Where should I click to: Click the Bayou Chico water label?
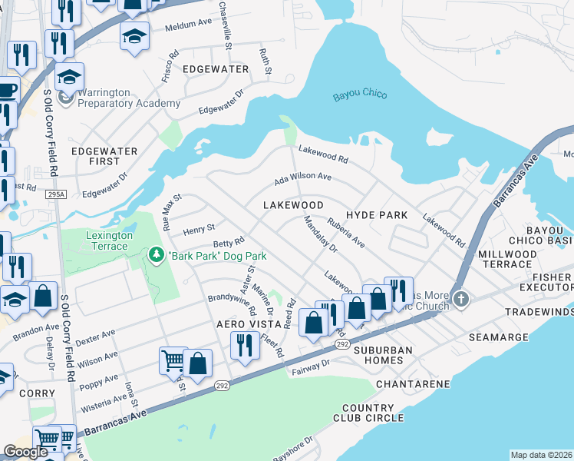(359, 96)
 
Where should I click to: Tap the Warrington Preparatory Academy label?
(129, 98)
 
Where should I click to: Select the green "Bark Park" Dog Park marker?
(157, 254)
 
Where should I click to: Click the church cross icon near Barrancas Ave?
(460, 298)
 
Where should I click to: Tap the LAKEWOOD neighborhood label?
(292, 206)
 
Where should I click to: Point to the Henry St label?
(198, 230)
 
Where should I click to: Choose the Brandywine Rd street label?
(232, 306)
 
